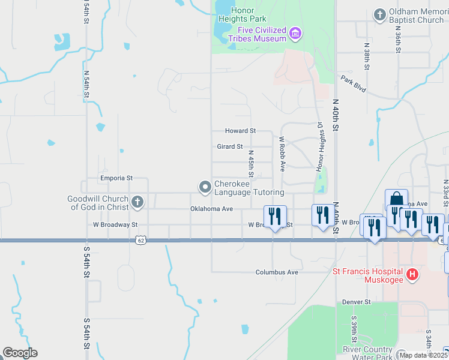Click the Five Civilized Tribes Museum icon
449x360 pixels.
pos(295,32)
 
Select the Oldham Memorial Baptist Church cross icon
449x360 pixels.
pos(379,14)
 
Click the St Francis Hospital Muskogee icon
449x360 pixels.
pos(412,275)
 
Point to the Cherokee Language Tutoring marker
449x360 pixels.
pos(205,187)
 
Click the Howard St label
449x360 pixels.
pos(240,131)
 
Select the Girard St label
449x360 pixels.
pos(230,146)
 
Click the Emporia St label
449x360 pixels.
pos(115,178)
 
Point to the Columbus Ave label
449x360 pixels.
pos(277,272)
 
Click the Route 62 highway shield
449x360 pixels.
pos(140,240)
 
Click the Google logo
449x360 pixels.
pos(20,353)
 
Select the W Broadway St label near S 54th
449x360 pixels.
pos(115,225)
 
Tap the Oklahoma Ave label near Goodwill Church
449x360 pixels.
pos(211,209)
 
